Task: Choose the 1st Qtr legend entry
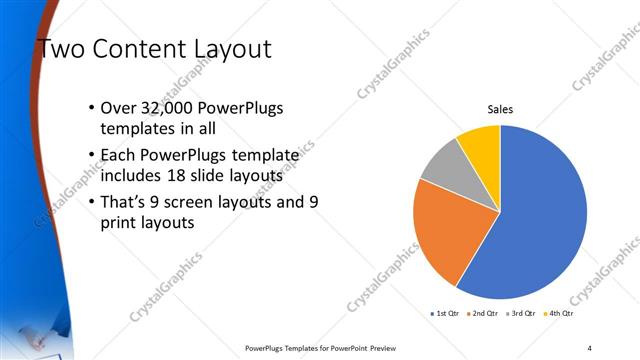coord(444,314)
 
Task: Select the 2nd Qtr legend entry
coord(485,314)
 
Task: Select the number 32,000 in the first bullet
coord(173,108)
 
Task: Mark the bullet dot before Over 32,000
coord(92,108)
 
